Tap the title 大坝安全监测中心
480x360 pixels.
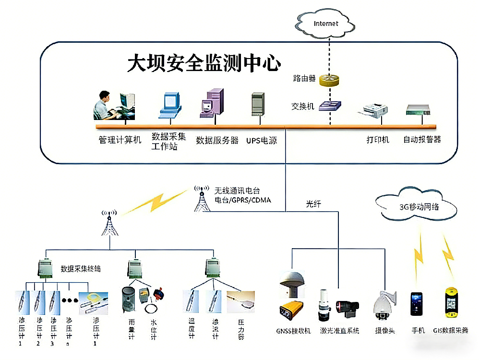[204, 64]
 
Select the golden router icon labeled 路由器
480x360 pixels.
[329, 80]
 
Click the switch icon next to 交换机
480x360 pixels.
[330, 105]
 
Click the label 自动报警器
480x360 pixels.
[422, 140]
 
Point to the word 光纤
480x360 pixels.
[313, 204]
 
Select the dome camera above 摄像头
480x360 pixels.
[384, 306]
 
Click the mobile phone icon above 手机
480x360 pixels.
[416, 303]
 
